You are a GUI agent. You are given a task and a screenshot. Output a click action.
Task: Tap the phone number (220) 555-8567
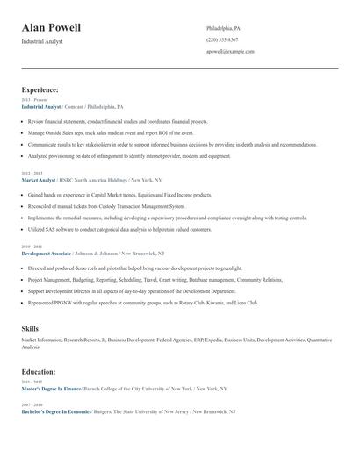point(222,39)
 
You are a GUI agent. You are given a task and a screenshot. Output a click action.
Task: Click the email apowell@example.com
point(230,51)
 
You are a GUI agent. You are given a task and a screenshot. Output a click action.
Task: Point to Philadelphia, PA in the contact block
point(223,28)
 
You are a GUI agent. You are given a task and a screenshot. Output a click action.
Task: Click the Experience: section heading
point(40,89)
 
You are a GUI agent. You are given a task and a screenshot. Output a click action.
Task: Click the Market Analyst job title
point(38,180)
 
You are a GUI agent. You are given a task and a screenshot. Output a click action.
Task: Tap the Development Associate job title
point(47,253)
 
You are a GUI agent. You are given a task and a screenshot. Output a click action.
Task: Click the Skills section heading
point(30,327)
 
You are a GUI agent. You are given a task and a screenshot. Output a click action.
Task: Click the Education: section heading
point(39,371)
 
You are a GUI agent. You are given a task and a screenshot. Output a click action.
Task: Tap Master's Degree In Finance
point(51,388)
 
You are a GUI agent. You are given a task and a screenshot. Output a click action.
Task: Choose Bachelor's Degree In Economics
point(54,411)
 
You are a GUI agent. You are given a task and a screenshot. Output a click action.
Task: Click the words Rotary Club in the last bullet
point(186,302)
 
